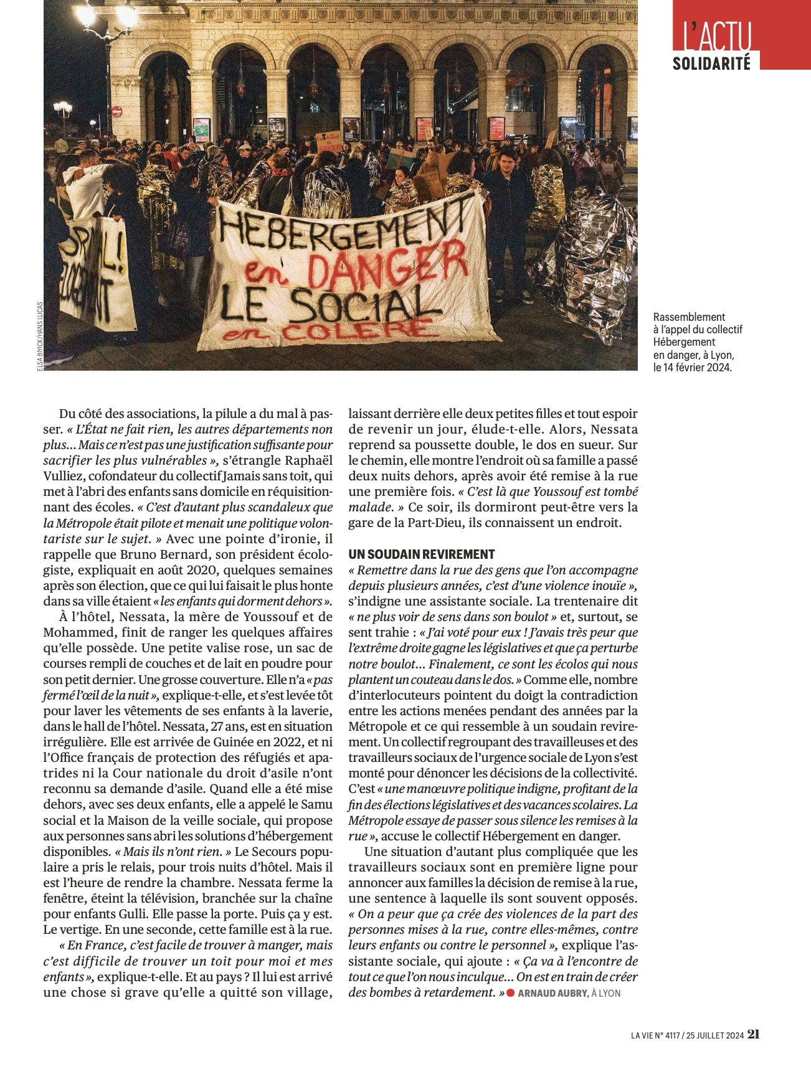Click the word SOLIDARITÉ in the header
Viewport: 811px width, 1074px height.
coord(711,64)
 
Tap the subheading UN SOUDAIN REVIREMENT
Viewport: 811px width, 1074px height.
coord(421,554)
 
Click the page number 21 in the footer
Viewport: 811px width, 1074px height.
coord(754,1035)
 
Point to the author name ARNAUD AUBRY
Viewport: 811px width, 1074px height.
coord(553,993)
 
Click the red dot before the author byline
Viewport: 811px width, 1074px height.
coord(510,992)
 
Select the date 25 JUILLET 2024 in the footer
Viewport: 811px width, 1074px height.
coord(715,1035)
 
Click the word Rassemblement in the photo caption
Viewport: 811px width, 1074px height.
coord(689,317)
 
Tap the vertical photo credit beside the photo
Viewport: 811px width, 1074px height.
coord(40,336)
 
